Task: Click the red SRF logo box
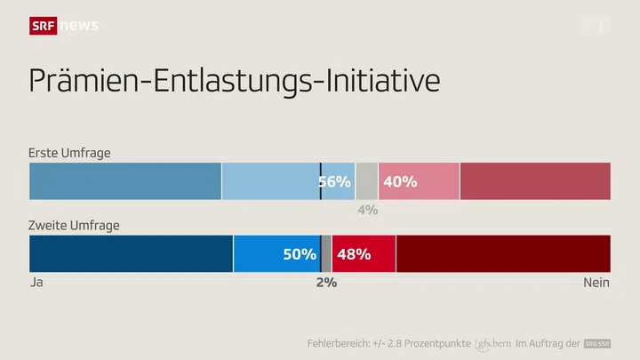tap(43, 26)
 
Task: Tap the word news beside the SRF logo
tap(78, 26)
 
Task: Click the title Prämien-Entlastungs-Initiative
tap(235, 80)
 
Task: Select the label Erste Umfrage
tap(69, 153)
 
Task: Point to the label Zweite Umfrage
tap(74, 225)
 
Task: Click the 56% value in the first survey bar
tap(335, 181)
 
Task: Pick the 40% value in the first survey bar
tap(399, 181)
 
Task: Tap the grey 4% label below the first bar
tap(367, 210)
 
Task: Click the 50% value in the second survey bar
tap(300, 253)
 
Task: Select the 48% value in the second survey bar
tap(354, 253)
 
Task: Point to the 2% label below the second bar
tap(326, 282)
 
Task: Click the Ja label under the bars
tap(36, 282)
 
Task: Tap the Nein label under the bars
tap(596, 282)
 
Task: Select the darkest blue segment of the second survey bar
tap(131, 253)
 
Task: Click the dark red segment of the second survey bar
tap(503, 253)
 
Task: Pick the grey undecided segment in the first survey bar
tap(366, 181)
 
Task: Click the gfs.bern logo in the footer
tap(493, 343)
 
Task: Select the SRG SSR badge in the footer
tap(597, 343)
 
